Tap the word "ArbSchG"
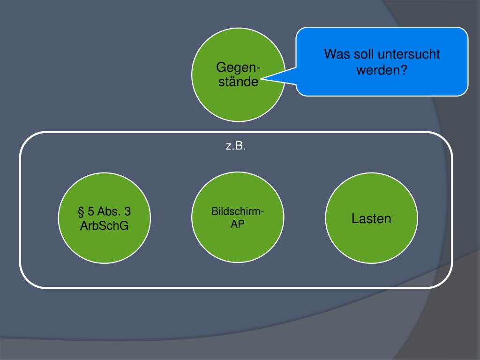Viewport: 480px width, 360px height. pyautogui.click(x=105, y=227)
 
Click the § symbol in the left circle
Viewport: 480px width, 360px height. pyautogui.click(x=81, y=213)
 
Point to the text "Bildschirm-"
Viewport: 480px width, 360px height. pyautogui.click(x=238, y=212)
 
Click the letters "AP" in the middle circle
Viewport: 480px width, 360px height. pyautogui.click(x=237, y=224)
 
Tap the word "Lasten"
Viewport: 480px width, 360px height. pyautogui.click(x=371, y=218)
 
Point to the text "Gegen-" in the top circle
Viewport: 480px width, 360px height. pyautogui.click(x=239, y=67)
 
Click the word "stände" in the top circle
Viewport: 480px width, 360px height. pyautogui.click(x=238, y=82)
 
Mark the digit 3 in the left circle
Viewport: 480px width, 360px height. pyautogui.click(x=127, y=213)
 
